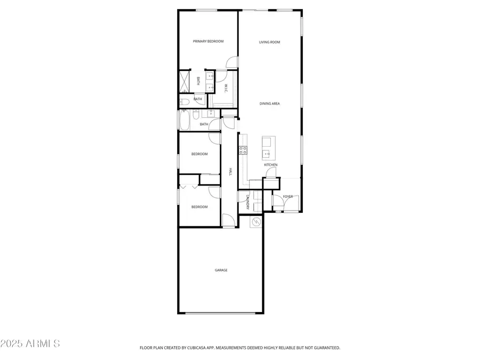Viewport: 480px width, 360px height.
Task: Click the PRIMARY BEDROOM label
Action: tap(208, 42)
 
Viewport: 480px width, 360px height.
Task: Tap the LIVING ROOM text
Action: tap(269, 42)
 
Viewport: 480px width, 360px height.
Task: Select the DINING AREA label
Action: tap(269, 103)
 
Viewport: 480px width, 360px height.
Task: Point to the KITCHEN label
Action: tap(270, 165)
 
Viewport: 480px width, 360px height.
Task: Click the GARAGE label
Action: tap(221, 270)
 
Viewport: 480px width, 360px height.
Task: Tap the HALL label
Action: tap(230, 171)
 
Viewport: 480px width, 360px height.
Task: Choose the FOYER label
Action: tap(287, 197)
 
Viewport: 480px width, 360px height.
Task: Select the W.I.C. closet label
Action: tap(226, 88)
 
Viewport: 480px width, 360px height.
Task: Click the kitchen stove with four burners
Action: tap(243, 150)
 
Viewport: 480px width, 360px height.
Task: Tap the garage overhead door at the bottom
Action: tap(221, 313)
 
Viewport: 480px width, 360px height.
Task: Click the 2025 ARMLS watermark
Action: tap(30, 343)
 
